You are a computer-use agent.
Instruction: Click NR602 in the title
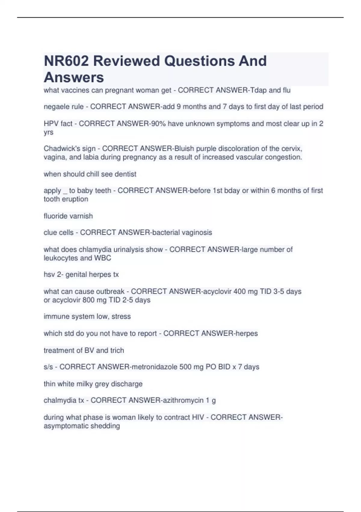(66, 61)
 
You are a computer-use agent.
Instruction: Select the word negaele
(55, 107)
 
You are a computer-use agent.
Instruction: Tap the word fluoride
(55, 216)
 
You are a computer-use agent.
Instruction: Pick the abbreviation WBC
(103, 258)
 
